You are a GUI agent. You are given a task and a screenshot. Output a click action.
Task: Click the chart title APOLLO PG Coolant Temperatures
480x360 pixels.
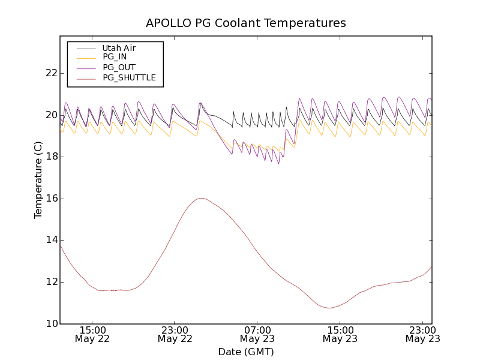tap(246, 23)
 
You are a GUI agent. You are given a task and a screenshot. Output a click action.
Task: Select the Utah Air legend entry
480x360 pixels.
tap(119, 48)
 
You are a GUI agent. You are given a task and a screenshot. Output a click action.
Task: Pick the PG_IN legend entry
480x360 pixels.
tap(115, 57)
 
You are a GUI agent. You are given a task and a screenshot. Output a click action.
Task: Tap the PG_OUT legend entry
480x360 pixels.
tap(119, 67)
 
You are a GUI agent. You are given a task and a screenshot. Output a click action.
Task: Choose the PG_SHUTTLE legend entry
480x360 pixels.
tap(129, 77)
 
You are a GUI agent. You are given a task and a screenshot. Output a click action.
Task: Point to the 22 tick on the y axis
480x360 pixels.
tap(51, 73)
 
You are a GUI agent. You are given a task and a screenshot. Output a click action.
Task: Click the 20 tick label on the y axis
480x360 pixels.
tap(51, 115)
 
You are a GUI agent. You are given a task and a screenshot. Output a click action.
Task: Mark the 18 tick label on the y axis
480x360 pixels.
tap(51, 157)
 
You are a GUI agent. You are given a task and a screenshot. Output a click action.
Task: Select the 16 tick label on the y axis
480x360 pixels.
tap(51, 199)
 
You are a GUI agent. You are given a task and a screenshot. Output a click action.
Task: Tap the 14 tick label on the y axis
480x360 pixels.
tap(51, 240)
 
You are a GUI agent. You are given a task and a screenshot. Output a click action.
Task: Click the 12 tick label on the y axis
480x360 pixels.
tap(51, 282)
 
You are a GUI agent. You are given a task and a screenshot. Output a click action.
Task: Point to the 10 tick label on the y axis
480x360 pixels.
tap(51, 324)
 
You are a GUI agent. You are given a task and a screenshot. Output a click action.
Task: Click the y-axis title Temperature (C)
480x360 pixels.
tap(38, 180)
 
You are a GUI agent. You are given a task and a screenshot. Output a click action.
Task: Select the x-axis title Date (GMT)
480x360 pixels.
tap(246, 352)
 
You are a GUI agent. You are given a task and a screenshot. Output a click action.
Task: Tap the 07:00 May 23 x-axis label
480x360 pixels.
tap(257, 334)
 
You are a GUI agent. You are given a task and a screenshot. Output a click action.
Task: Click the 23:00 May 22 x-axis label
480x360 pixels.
tap(175, 334)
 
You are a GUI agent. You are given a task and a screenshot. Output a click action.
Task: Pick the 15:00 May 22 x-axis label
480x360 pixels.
tap(92, 334)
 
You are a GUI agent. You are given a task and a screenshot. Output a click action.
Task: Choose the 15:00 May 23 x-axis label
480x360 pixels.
tap(340, 334)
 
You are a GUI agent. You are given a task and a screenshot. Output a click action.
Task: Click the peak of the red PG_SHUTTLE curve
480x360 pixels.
tap(201, 198)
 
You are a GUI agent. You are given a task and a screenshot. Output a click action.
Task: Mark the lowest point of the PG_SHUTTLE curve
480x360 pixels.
tap(329, 308)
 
